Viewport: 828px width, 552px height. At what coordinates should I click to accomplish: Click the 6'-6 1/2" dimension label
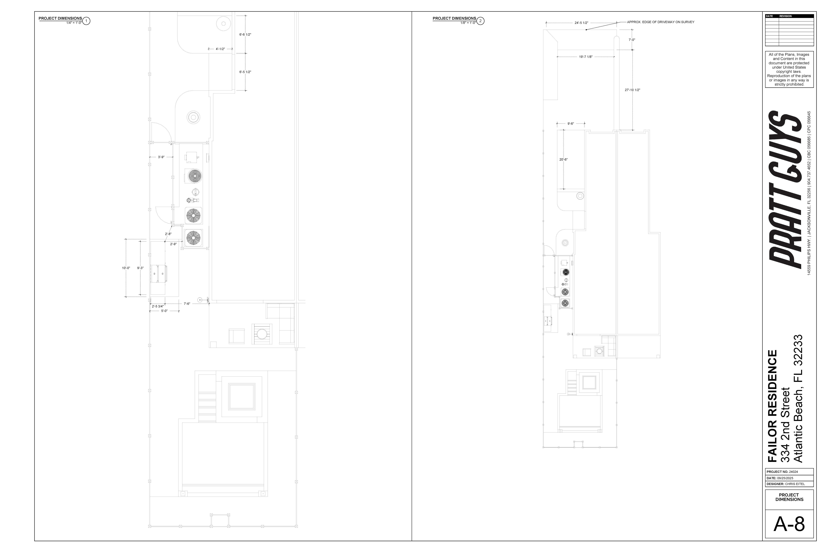pyautogui.click(x=245, y=34)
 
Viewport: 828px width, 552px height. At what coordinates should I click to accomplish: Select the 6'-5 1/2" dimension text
pyautogui.click(x=245, y=72)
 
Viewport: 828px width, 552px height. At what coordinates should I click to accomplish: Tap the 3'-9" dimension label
pyautogui.click(x=161, y=157)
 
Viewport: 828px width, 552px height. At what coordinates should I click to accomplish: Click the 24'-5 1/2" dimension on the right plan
pyautogui.click(x=581, y=23)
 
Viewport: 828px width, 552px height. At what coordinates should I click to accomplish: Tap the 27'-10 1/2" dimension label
pyautogui.click(x=632, y=90)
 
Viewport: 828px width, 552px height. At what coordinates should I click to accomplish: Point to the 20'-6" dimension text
pyautogui.click(x=563, y=160)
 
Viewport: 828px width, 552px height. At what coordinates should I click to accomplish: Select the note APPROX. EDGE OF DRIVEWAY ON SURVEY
pyautogui.click(x=660, y=22)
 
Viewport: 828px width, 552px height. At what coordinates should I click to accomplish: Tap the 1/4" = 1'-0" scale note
pyautogui.click(x=74, y=23)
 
